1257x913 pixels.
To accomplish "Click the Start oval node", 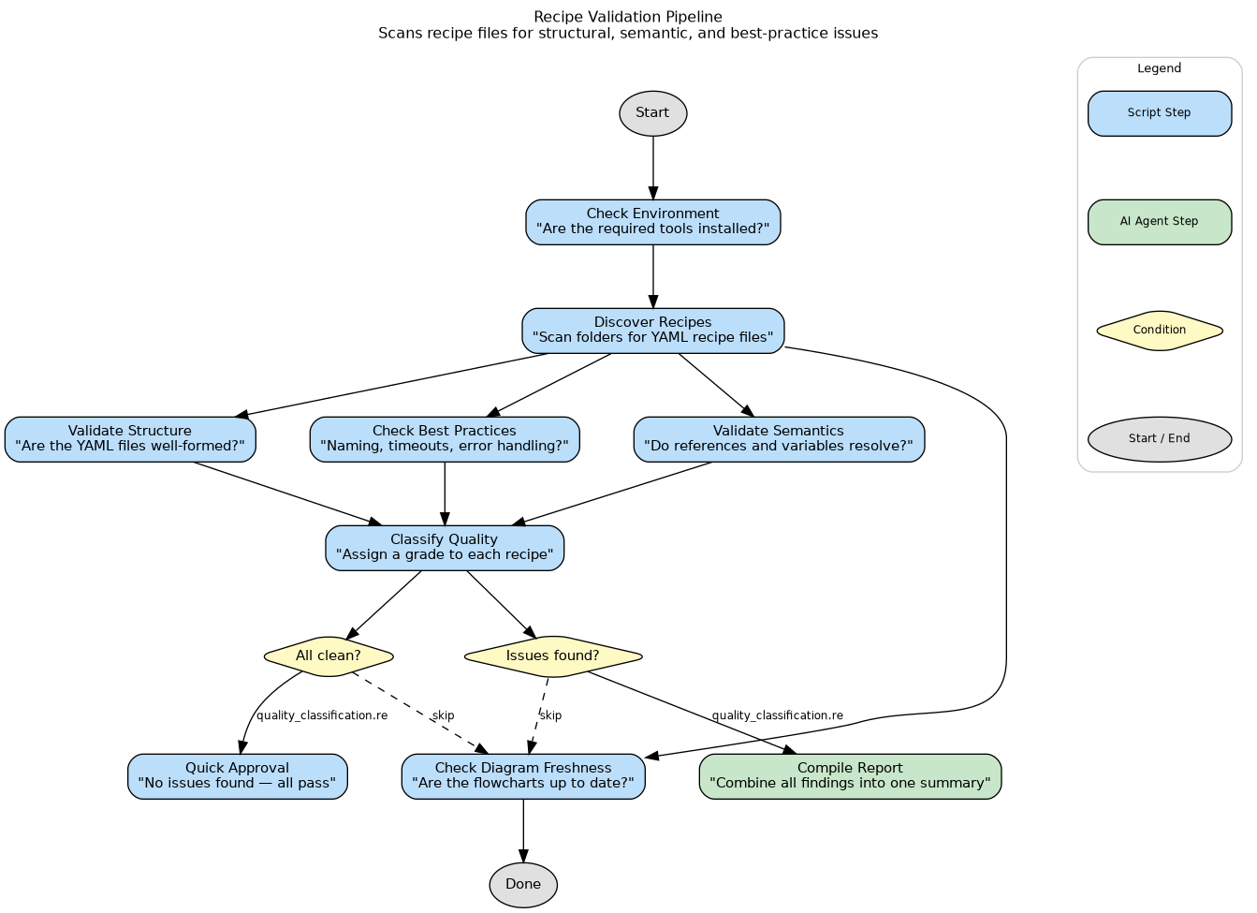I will pyautogui.click(x=652, y=113).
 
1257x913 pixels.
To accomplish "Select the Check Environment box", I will pyautogui.click(x=652, y=222).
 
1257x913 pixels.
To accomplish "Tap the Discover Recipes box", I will pyautogui.click(x=652, y=331).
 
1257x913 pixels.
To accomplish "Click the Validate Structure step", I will pyautogui.click(x=130, y=439).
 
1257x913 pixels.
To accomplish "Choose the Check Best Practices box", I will pyautogui.click(x=445, y=439).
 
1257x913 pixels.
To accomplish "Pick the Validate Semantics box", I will pyautogui.click(x=779, y=439).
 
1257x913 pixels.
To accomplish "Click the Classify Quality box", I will pyautogui.click(x=445, y=548).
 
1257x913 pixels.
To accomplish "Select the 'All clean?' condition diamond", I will pyautogui.click(x=329, y=656).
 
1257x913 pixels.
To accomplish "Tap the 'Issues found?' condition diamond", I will pyautogui.click(x=553, y=656).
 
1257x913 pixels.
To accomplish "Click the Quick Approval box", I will pyautogui.click(x=238, y=776).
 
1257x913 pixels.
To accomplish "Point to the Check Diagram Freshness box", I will pyautogui.click(x=523, y=776).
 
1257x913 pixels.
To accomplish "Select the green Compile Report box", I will pyautogui.click(x=850, y=776).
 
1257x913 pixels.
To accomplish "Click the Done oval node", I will pyautogui.click(x=523, y=885).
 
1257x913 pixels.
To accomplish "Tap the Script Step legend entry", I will pyautogui.click(x=1159, y=113).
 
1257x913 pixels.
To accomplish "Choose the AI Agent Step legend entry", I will pyautogui.click(x=1159, y=222).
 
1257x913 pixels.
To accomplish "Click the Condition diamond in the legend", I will pyautogui.click(x=1159, y=331).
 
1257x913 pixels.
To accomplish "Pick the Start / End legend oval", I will pyautogui.click(x=1159, y=439).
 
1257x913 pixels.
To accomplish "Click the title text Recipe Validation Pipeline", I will pyautogui.click(x=627, y=17).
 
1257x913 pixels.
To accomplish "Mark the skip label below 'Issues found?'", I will pyautogui.click(x=551, y=715).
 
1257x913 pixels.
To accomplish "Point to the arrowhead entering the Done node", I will pyautogui.click(x=523, y=856).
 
